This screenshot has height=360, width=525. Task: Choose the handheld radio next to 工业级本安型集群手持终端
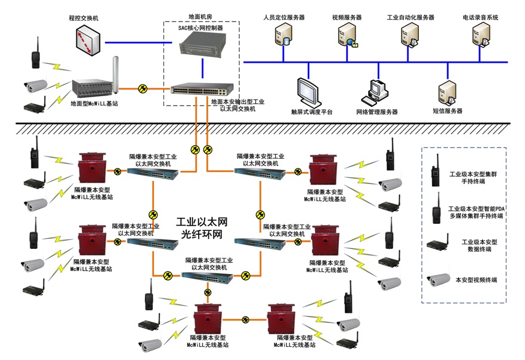436,170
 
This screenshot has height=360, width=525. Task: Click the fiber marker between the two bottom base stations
245,319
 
